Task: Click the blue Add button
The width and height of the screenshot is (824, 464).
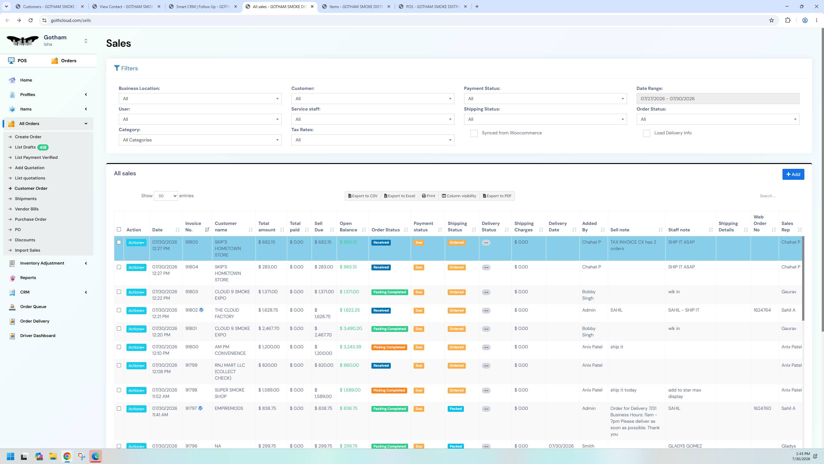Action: (793, 174)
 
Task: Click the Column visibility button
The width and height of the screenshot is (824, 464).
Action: (459, 196)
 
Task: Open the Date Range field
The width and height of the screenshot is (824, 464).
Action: (717, 99)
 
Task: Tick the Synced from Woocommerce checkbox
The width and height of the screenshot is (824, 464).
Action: (474, 133)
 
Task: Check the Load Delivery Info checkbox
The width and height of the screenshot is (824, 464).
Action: (646, 133)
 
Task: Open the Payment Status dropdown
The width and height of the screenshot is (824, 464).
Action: (545, 99)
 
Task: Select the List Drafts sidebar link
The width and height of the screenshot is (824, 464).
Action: (25, 147)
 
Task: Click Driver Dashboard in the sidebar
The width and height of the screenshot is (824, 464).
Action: (38, 335)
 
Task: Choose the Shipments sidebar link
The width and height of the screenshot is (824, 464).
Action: (26, 199)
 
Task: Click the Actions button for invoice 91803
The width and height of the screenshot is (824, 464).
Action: (136, 292)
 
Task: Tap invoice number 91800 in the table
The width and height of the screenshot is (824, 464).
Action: (192, 347)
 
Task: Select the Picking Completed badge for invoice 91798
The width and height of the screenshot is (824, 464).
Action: (389, 391)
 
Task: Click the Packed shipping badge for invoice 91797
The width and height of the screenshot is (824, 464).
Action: (455, 409)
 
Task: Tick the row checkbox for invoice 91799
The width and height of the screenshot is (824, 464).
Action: (119, 365)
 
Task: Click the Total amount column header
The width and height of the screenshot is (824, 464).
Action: (267, 227)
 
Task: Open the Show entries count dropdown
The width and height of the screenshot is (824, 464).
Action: (166, 196)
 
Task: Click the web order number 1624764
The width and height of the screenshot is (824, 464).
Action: (762, 310)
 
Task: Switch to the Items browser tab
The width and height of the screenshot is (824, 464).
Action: (356, 6)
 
